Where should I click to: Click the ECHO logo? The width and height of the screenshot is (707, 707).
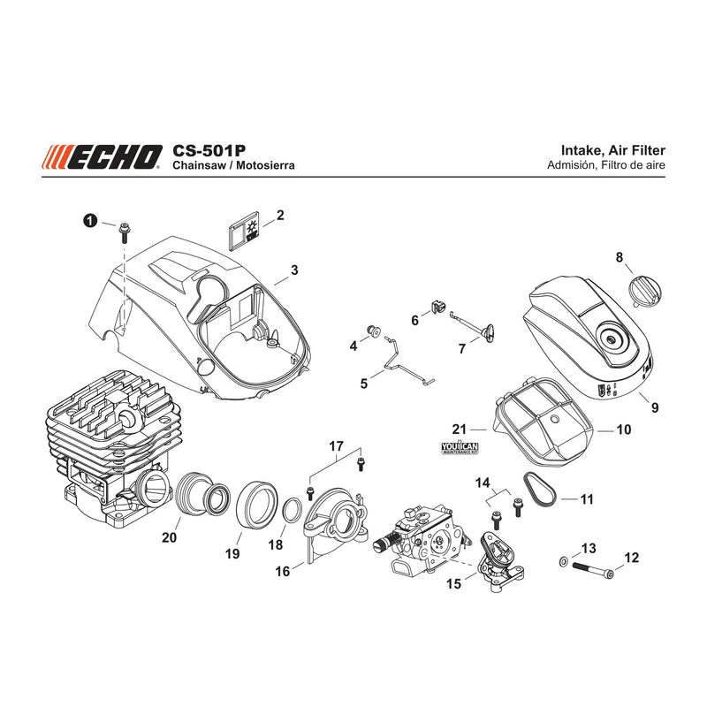(102, 157)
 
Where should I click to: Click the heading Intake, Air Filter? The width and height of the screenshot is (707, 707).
(612, 150)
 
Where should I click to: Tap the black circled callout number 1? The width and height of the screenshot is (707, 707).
(90, 221)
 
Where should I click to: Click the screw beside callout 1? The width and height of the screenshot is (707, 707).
(124, 232)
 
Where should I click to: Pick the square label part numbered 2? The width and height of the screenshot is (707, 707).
(242, 230)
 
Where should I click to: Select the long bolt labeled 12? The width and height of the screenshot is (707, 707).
(593, 569)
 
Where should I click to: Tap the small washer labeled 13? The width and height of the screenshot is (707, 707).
(563, 562)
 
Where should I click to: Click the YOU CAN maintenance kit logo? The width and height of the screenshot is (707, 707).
(460, 447)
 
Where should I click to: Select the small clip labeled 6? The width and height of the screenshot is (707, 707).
(436, 307)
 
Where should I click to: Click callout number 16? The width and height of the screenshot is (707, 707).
(282, 571)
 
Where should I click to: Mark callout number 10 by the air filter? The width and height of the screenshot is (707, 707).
(624, 430)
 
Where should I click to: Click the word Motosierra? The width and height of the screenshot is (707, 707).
(265, 165)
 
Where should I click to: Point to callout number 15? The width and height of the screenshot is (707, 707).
(453, 583)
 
